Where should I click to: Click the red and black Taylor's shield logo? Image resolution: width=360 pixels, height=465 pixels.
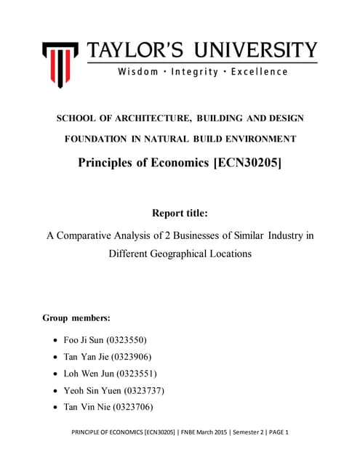[x=60, y=61]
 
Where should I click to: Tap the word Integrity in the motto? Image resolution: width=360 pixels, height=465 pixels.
[x=206, y=72]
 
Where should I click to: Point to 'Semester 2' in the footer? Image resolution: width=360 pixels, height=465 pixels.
[x=239, y=432]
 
